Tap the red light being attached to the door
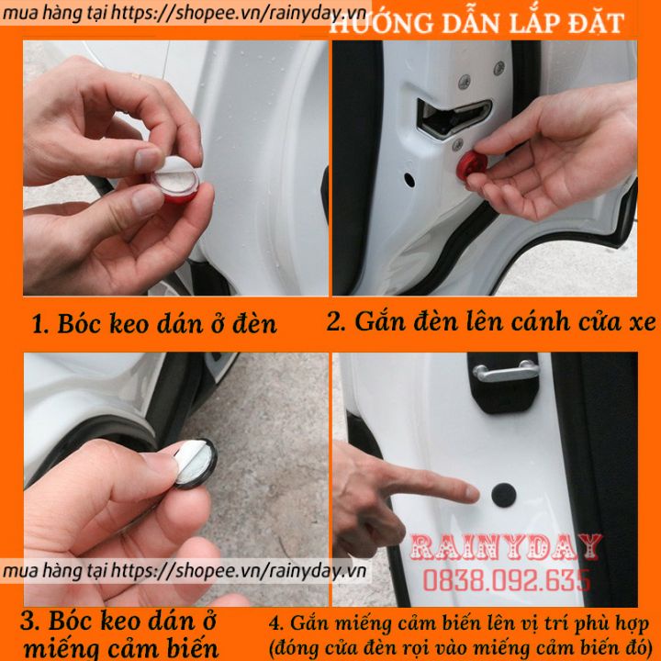coord(471,164)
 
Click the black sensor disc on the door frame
coord(503,496)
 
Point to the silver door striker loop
coord(507,372)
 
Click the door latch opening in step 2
coord(454,117)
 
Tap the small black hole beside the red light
coord(409,180)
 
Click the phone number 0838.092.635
coord(506,579)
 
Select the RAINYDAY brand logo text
coord(506,546)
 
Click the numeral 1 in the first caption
coord(38,325)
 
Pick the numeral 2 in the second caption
coord(333,322)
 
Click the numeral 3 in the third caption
coord(28,622)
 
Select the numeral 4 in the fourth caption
coord(274,624)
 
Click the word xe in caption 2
coord(643,323)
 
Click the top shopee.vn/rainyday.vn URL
coord(185,14)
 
